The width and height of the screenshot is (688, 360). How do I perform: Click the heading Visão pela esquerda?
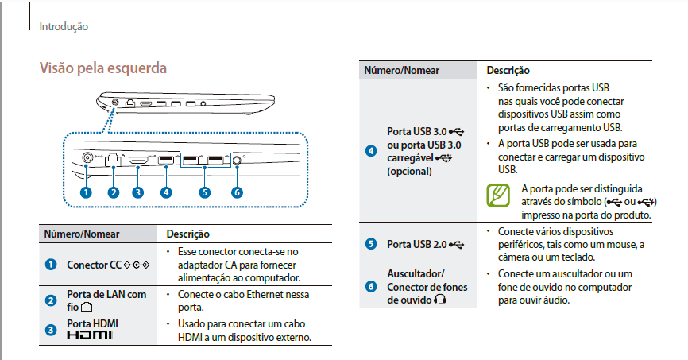pyautogui.click(x=103, y=68)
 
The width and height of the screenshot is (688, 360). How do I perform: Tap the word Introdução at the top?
pyautogui.click(x=64, y=27)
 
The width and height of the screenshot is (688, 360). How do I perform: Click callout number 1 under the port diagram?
pyautogui.click(x=86, y=192)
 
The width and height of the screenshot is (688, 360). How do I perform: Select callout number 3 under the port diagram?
pyautogui.click(x=137, y=192)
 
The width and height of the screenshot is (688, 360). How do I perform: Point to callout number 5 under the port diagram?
pyautogui.click(x=204, y=192)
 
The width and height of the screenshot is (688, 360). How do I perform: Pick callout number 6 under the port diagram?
pyautogui.click(x=237, y=192)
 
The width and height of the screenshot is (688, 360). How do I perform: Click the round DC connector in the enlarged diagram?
pyautogui.click(x=87, y=157)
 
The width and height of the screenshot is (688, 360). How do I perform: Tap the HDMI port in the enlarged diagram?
pyautogui.click(x=138, y=160)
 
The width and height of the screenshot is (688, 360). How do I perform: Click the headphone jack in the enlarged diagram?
pyautogui.click(x=237, y=160)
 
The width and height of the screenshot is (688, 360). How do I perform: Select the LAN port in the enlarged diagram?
pyautogui.click(x=113, y=160)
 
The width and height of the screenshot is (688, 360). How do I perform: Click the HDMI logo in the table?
pyautogui.click(x=90, y=335)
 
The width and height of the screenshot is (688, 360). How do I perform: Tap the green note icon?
pyautogui.click(x=498, y=195)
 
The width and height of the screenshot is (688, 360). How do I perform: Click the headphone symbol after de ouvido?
pyautogui.click(x=440, y=300)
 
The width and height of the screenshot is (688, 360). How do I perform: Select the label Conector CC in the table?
pyautogui.click(x=94, y=265)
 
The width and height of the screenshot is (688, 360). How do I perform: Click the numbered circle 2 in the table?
pyautogui.click(x=51, y=300)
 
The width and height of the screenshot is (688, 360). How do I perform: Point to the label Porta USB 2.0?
pyautogui.click(x=417, y=244)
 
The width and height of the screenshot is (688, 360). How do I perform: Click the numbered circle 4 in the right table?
pyautogui.click(x=371, y=151)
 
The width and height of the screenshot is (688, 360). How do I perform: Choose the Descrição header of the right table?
pyautogui.click(x=508, y=70)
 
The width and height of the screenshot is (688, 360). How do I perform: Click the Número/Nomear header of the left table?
pyautogui.click(x=82, y=234)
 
